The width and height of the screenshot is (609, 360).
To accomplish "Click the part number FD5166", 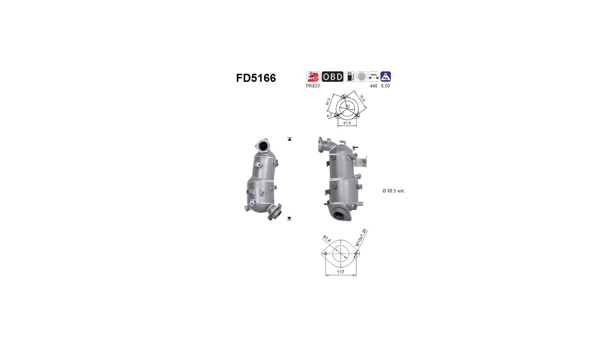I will click(256, 78).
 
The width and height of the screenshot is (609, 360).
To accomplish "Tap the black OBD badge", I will click(333, 77).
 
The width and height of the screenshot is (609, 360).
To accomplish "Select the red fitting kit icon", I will click(313, 77).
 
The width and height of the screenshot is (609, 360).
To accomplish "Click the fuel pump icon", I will click(350, 77).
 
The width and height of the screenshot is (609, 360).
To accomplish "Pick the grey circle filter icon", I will click(362, 77).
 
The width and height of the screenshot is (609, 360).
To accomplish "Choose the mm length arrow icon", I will click(374, 77).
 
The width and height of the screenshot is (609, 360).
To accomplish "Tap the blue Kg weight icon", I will click(386, 77).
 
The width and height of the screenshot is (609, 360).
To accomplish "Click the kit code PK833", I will click(313, 86).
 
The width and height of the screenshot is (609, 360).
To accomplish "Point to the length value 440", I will click(374, 86).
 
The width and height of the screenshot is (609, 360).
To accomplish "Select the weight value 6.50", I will click(386, 86).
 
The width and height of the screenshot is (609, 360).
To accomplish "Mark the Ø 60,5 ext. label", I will click(394, 191).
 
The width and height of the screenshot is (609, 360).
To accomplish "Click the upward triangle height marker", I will click(290, 139).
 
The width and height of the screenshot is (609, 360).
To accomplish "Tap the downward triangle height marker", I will click(290, 219).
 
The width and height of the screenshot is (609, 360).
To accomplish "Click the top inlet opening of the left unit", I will click(264, 146).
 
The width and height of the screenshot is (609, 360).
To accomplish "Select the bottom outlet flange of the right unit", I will click(339, 213).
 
